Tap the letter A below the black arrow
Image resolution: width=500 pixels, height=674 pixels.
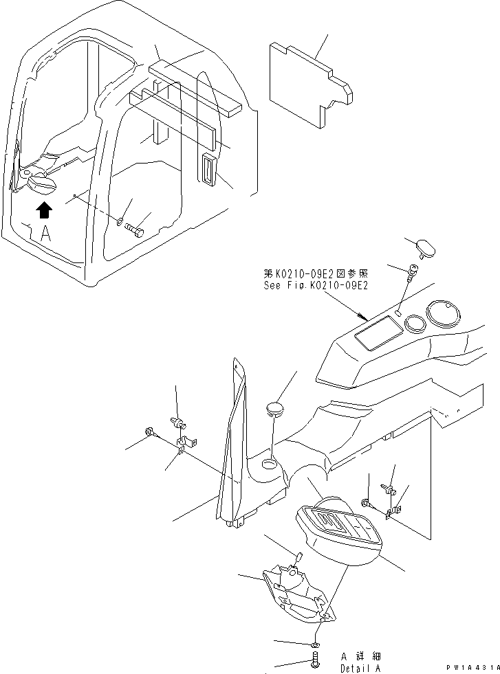tap(45, 234)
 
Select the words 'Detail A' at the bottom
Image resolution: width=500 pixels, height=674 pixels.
tap(360, 669)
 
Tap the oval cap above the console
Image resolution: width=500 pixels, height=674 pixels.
tap(428, 248)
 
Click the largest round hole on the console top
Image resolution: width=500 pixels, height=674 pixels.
tap(443, 315)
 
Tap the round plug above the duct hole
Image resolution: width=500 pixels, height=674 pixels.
tap(274, 411)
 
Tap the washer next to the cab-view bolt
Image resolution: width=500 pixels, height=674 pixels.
tap(121, 222)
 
